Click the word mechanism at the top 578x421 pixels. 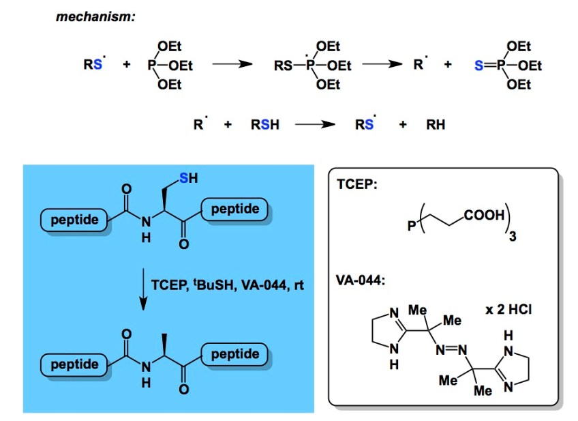click(x=95, y=16)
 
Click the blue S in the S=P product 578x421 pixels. click(x=478, y=66)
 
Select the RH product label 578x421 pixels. click(x=436, y=126)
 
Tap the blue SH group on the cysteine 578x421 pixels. click(x=189, y=179)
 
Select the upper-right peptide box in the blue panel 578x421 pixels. click(x=235, y=209)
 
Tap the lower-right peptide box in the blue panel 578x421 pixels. click(x=235, y=354)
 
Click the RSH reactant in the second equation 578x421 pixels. click(x=265, y=126)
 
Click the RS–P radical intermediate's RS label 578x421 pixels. click(x=284, y=66)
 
